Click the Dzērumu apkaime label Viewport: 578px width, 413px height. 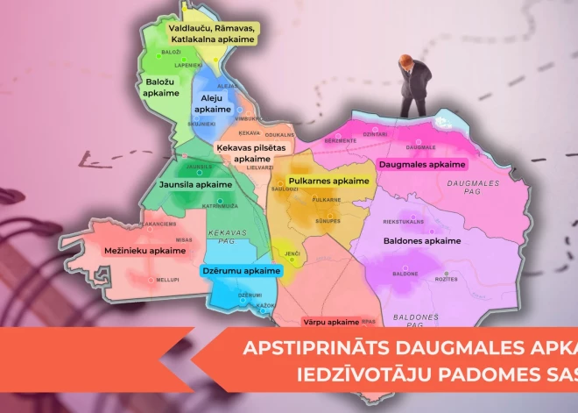point(242,271)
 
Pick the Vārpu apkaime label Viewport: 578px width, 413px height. point(331,322)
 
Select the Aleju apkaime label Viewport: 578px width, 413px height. point(213,103)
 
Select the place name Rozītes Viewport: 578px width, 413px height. point(447,280)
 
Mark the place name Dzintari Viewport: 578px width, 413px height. point(375,134)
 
